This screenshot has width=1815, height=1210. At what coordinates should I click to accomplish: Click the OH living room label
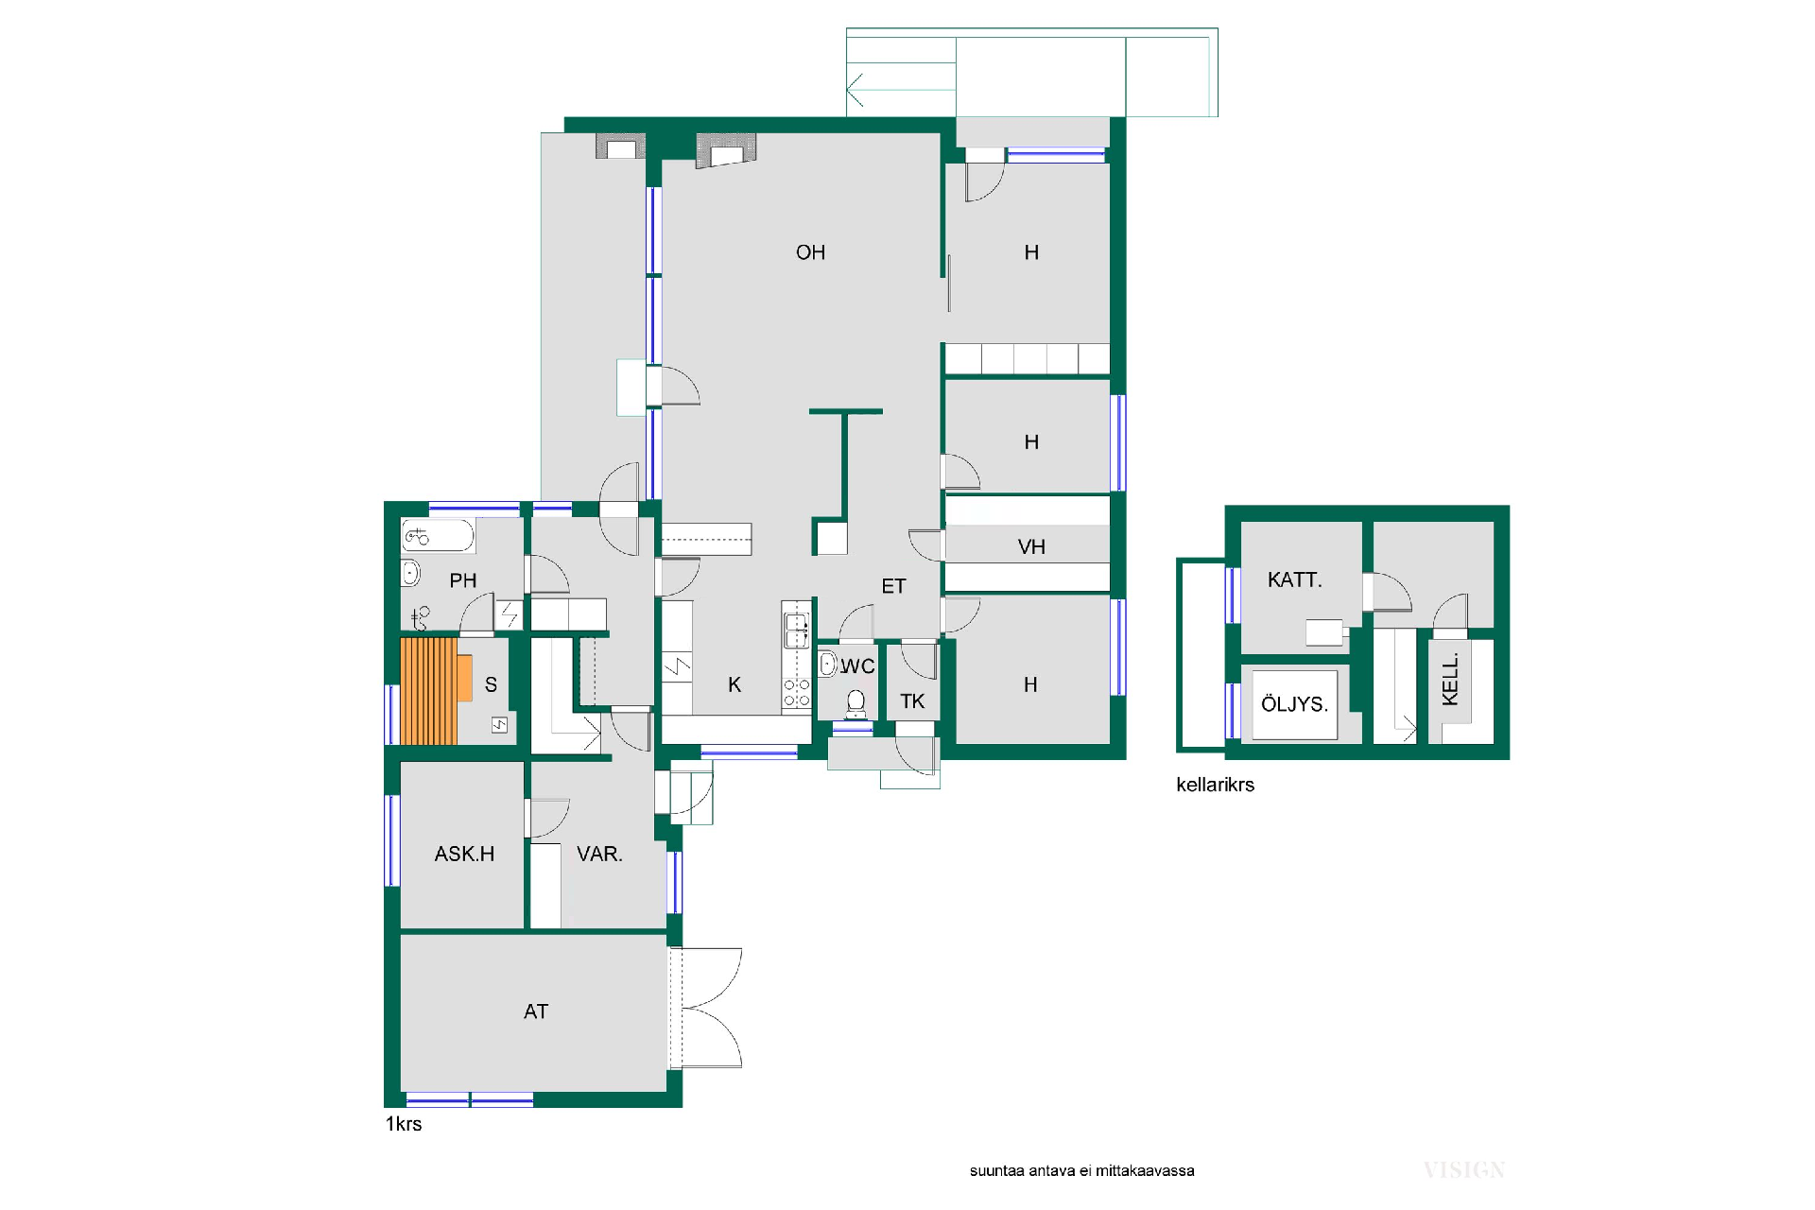[810, 252]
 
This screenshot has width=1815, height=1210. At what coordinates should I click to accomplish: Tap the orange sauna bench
[435, 691]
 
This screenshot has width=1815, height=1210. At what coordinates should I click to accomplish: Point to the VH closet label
[1031, 546]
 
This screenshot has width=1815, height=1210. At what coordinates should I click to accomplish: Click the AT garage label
[536, 1011]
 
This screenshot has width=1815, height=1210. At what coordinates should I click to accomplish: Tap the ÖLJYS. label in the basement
[1294, 704]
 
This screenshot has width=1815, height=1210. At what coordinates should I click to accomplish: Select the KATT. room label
[1294, 579]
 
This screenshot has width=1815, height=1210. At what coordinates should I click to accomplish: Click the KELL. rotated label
[1450, 678]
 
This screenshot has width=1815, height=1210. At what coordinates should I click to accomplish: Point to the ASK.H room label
[464, 854]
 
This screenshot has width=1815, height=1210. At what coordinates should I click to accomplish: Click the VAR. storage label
[599, 854]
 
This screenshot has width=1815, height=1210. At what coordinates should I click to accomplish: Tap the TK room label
[912, 700]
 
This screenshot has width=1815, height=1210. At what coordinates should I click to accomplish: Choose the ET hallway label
[893, 586]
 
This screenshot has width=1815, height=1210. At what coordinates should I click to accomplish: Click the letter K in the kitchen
[735, 684]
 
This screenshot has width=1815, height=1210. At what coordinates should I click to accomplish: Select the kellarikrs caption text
[1215, 785]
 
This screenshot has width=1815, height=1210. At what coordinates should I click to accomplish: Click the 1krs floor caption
[404, 1124]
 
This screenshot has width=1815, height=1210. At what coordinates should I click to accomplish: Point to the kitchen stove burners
[797, 693]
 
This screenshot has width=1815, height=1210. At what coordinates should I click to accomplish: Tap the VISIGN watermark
[1463, 1170]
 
